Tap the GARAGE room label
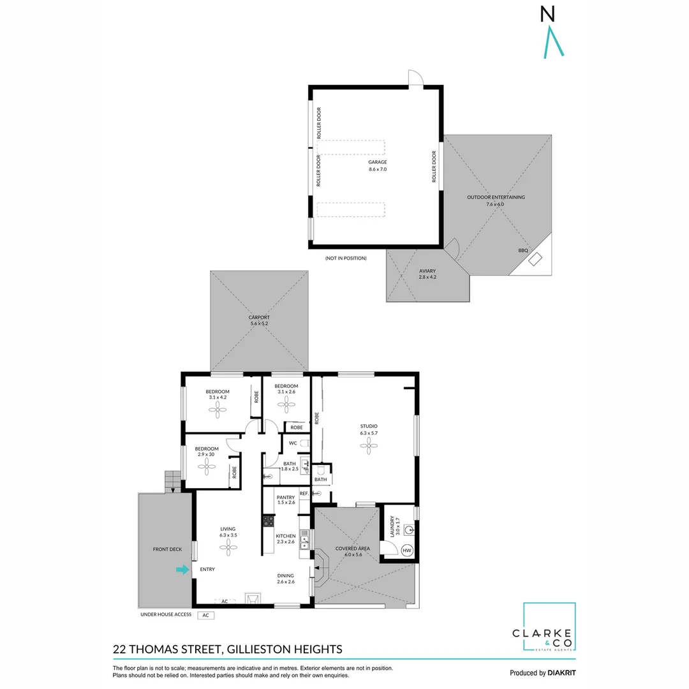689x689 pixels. tap(378, 163)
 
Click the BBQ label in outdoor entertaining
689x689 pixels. tap(523, 251)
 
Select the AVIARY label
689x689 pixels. tap(427, 270)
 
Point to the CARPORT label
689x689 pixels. tap(259, 317)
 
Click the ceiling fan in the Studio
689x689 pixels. tap(368, 446)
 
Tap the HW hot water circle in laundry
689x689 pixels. tap(407, 550)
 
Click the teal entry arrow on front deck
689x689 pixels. tap(183, 570)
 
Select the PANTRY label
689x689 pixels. tap(285, 497)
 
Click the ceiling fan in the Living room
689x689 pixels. tap(228, 546)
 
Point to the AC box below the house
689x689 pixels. tap(206, 616)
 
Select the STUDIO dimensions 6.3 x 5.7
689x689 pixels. tap(368, 433)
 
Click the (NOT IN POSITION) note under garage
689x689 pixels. tap(345, 258)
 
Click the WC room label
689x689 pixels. tap(293, 443)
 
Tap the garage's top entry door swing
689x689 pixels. tap(415, 77)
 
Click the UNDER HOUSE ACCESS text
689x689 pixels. tap(165, 615)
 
